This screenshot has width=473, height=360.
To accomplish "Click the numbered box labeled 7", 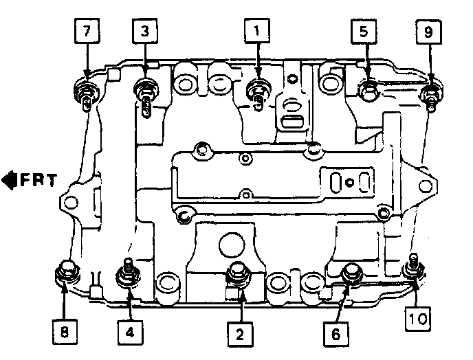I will pyautogui.click(x=87, y=32).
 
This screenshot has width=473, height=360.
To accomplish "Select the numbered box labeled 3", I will pyautogui.click(x=145, y=32).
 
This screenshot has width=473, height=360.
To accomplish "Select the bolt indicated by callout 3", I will pyautogui.click(x=145, y=89).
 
